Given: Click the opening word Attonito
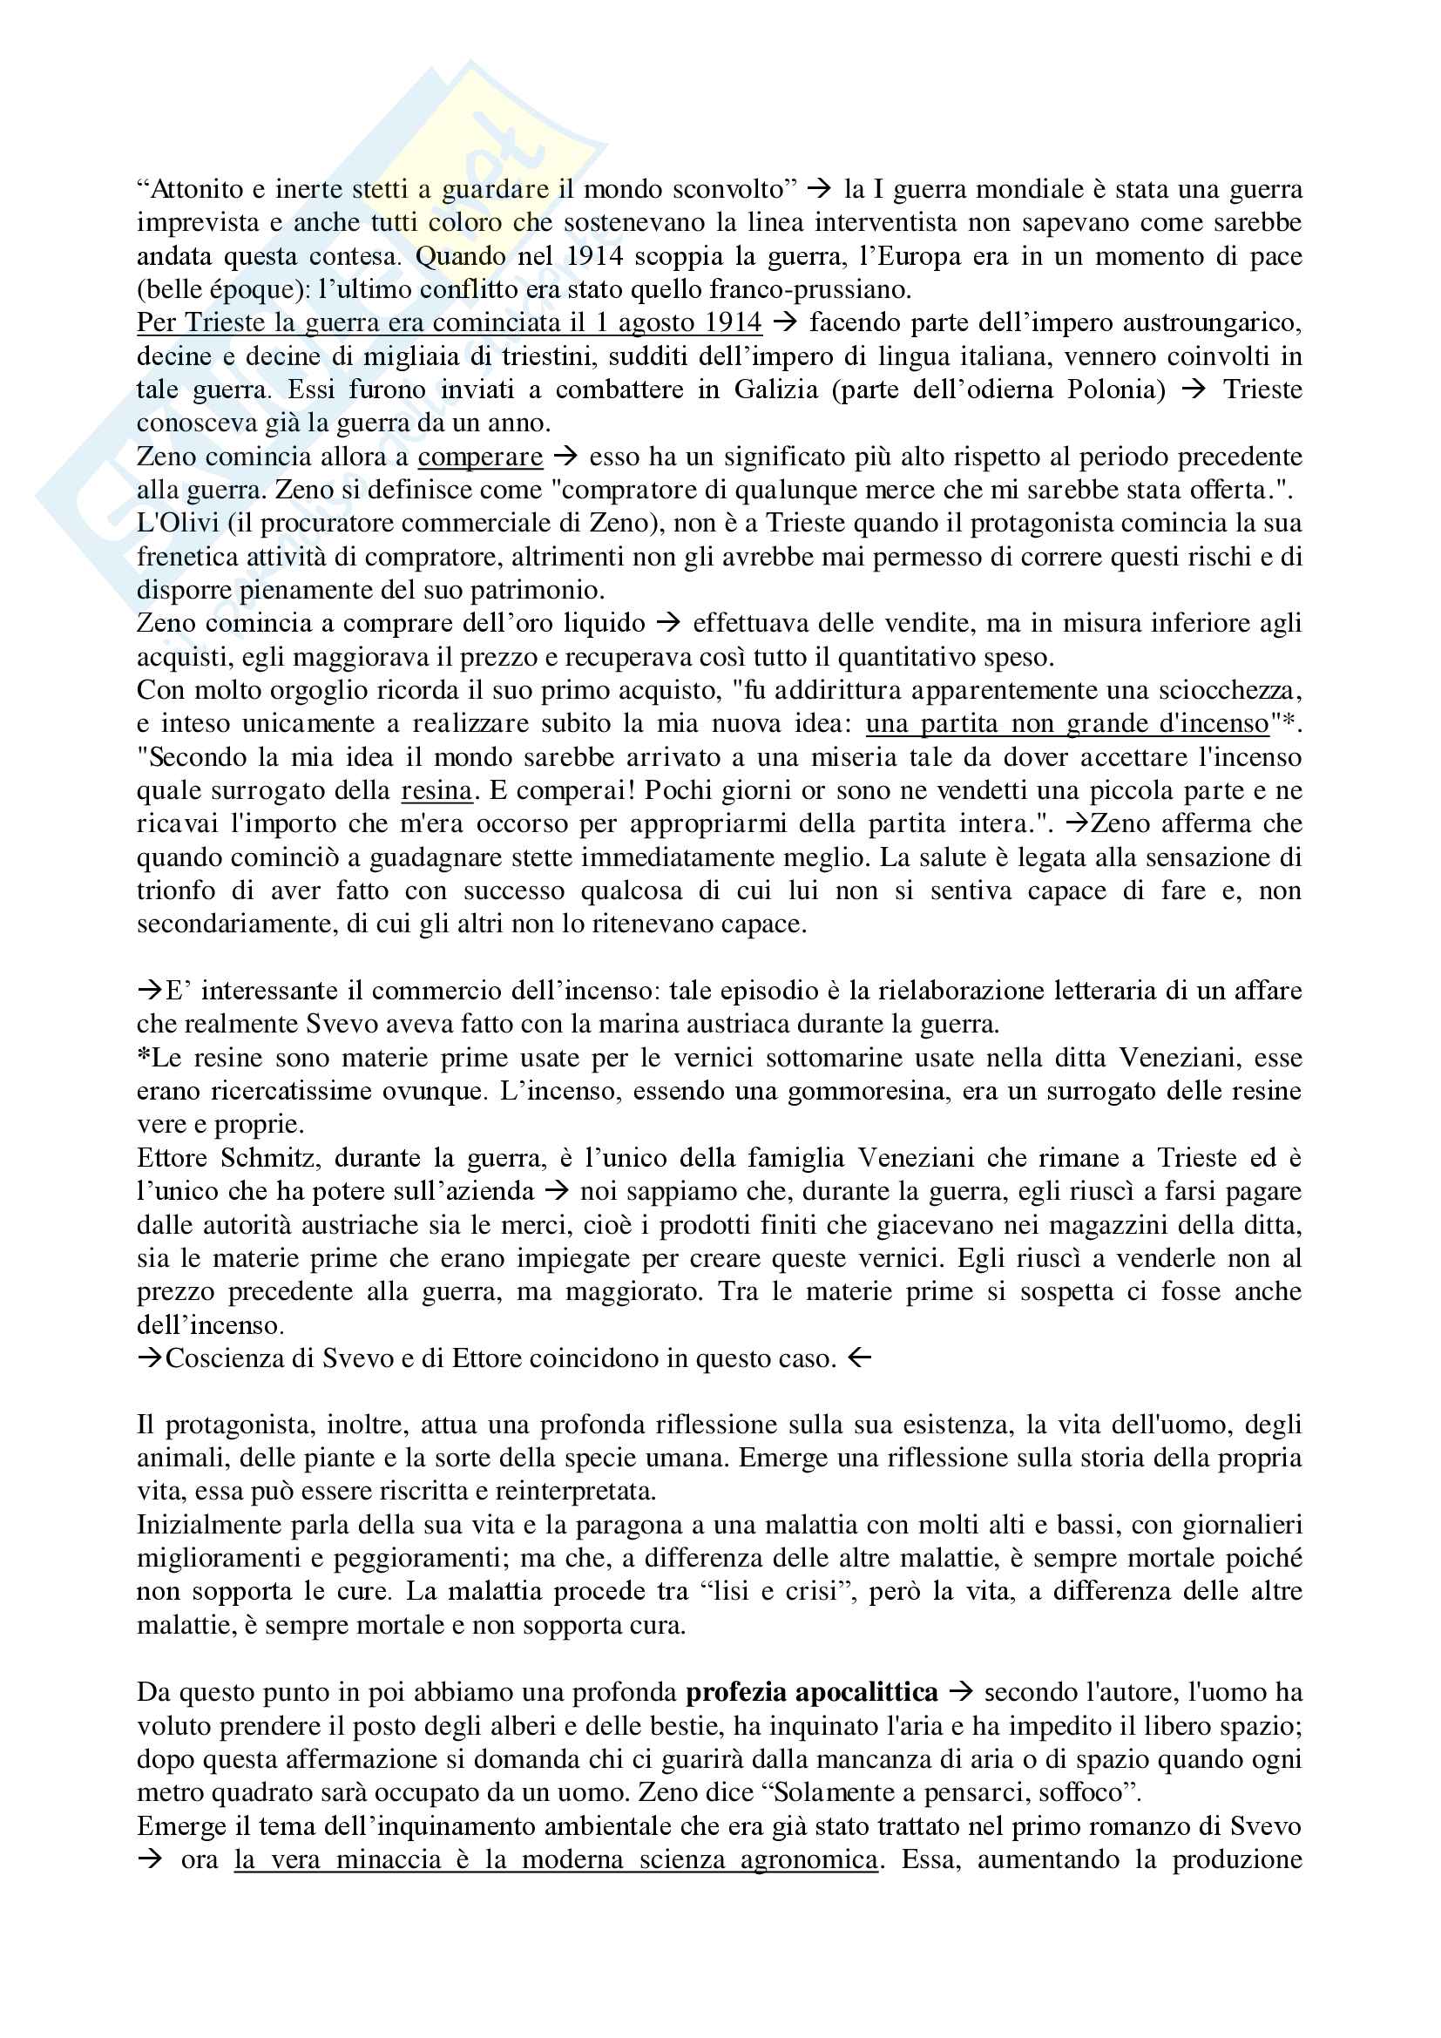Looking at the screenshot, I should pyautogui.click(x=193, y=189).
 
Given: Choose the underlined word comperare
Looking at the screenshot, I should pyautogui.click(x=480, y=457).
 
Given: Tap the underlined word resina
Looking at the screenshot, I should pyautogui.click(x=436, y=790).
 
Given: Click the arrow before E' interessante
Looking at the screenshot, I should pyautogui.click(x=150, y=991).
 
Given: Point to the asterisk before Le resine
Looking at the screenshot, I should pyautogui.click(x=143, y=1056).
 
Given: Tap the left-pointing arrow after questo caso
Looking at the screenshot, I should pyautogui.click(x=860, y=1358).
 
